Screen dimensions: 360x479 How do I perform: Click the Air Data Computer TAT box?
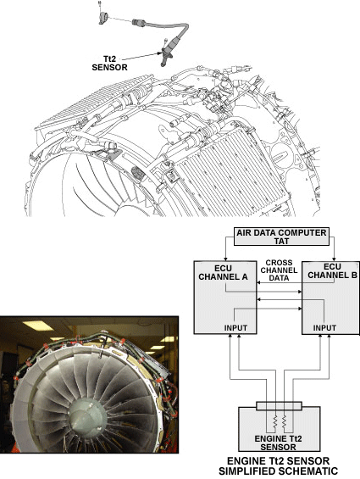[281, 237]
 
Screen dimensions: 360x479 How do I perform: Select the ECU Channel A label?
[223, 272]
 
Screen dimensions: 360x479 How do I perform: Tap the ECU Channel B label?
[333, 270]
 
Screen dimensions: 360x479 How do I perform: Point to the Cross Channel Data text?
[279, 270]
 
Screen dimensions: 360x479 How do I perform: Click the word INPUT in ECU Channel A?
[235, 328]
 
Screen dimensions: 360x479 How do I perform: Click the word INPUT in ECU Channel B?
[324, 328]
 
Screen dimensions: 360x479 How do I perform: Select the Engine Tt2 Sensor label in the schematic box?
[278, 443]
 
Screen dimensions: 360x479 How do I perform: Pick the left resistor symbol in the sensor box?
[274, 421]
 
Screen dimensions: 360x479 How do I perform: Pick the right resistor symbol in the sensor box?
[285, 421]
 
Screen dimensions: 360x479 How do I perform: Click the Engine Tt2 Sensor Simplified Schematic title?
[278, 466]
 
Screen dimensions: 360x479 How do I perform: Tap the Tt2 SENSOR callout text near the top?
[109, 63]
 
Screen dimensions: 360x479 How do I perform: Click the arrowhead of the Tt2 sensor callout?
[159, 53]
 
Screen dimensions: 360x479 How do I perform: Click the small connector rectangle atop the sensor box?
[279, 406]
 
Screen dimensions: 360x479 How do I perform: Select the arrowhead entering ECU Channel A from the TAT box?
[225, 259]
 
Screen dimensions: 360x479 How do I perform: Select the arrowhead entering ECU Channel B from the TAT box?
[334, 259]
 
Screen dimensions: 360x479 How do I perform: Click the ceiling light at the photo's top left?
[38, 326]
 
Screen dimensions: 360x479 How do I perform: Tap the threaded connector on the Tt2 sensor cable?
[138, 22]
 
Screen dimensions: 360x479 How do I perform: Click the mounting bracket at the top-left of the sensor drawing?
[103, 18]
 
